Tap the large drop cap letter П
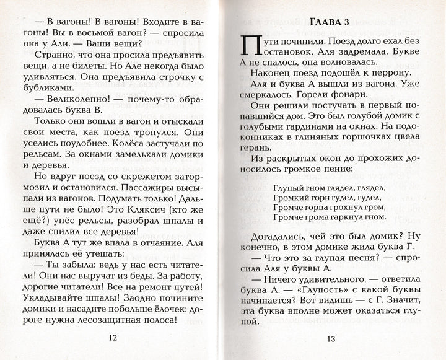(249, 46)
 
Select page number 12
(111, 338)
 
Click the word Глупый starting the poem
(288, 188)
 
